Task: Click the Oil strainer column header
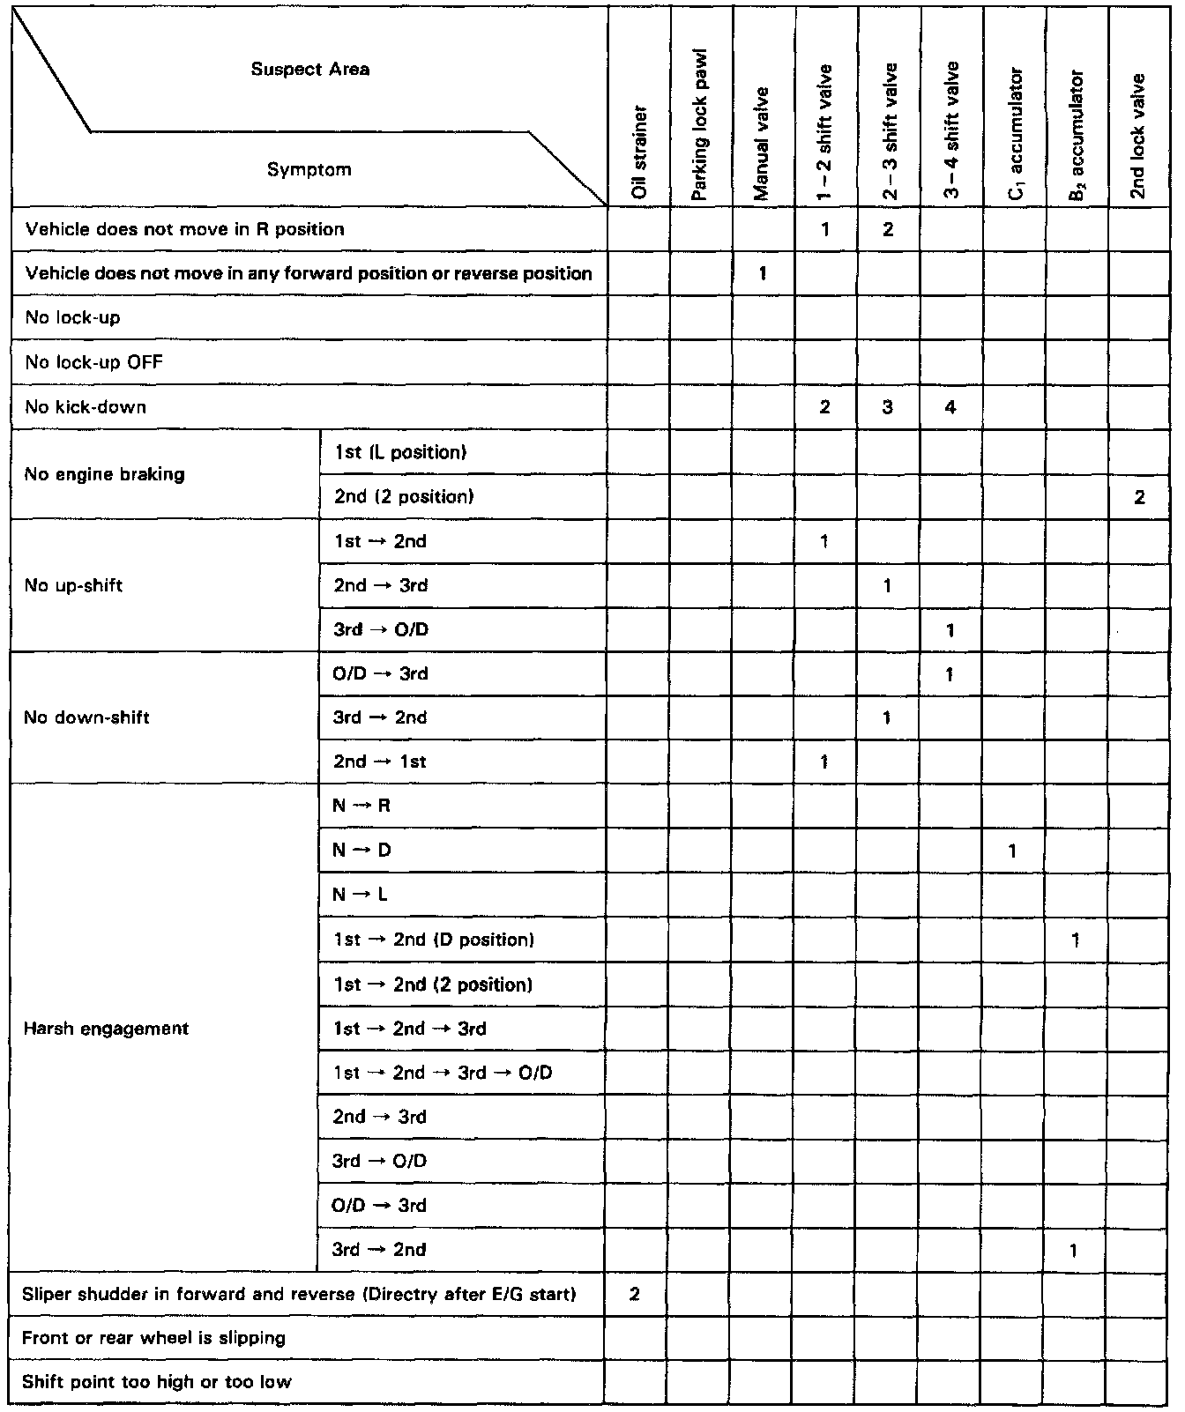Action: coord(640,152)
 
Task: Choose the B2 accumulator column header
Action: coord(1076,136)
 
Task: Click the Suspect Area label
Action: coord(310,70)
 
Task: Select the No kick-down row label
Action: coord(86,407)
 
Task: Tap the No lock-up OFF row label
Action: coord(94,362)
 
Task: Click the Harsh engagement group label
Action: coord(106,1029)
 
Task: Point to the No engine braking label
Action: coord(105,474)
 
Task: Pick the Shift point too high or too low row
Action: coord(156,1382)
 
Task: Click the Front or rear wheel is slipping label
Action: coord(153,1338)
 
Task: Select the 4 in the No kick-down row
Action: coord(950,408)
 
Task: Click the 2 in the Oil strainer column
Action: coord(635,1294)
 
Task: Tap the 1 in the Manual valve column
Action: coord(763,274)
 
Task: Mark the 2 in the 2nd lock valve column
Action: coord(1139,498)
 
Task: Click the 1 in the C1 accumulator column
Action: coord(1013,851)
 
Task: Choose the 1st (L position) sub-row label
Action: coord(399,452)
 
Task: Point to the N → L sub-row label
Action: coord(361,895)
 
